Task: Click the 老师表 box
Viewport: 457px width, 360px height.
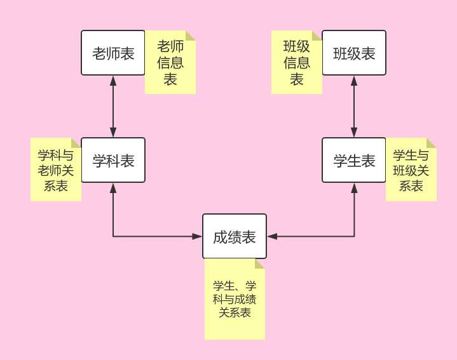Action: pyautogui.click(x=113, y=53)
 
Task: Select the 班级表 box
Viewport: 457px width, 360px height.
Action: pyautogui.click(x=354, y=53)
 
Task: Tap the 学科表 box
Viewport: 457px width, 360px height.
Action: pyautogui.click(x=113, y=160)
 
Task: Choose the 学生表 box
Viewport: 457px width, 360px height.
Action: pyautogui.click(x=354, y=160)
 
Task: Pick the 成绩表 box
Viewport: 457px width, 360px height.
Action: pyautogui.click(x=235, y=237)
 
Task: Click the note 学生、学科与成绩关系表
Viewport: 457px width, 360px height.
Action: pyautogui.click(x=235, y=298)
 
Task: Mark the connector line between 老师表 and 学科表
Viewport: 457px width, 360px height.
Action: pyautogui.click(x=113, y=107)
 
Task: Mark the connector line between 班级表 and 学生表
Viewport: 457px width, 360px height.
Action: pyautogui.click(x=354, y=107)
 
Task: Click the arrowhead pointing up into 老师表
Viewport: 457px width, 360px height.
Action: pyautogui.click(x=113, y=80)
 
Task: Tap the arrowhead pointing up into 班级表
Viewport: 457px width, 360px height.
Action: pyautogui.click(x=354, y=80)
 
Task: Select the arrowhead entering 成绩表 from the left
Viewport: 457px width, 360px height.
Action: pyautogui.click(x=198, y=237)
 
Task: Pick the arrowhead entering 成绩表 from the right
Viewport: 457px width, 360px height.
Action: pyautogui.click(x=272, y=237)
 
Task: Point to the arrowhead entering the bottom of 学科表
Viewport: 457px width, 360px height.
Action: pyautogui.click(x=113, y=187)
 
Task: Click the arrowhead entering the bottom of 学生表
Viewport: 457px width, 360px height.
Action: pyautogui.click(x=354, y=187)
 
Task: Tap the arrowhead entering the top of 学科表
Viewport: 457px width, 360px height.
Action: pyautogui.click(x=113, y=133)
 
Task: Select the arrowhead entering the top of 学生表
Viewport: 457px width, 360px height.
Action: pyautogui.click(x=354, y=133)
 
